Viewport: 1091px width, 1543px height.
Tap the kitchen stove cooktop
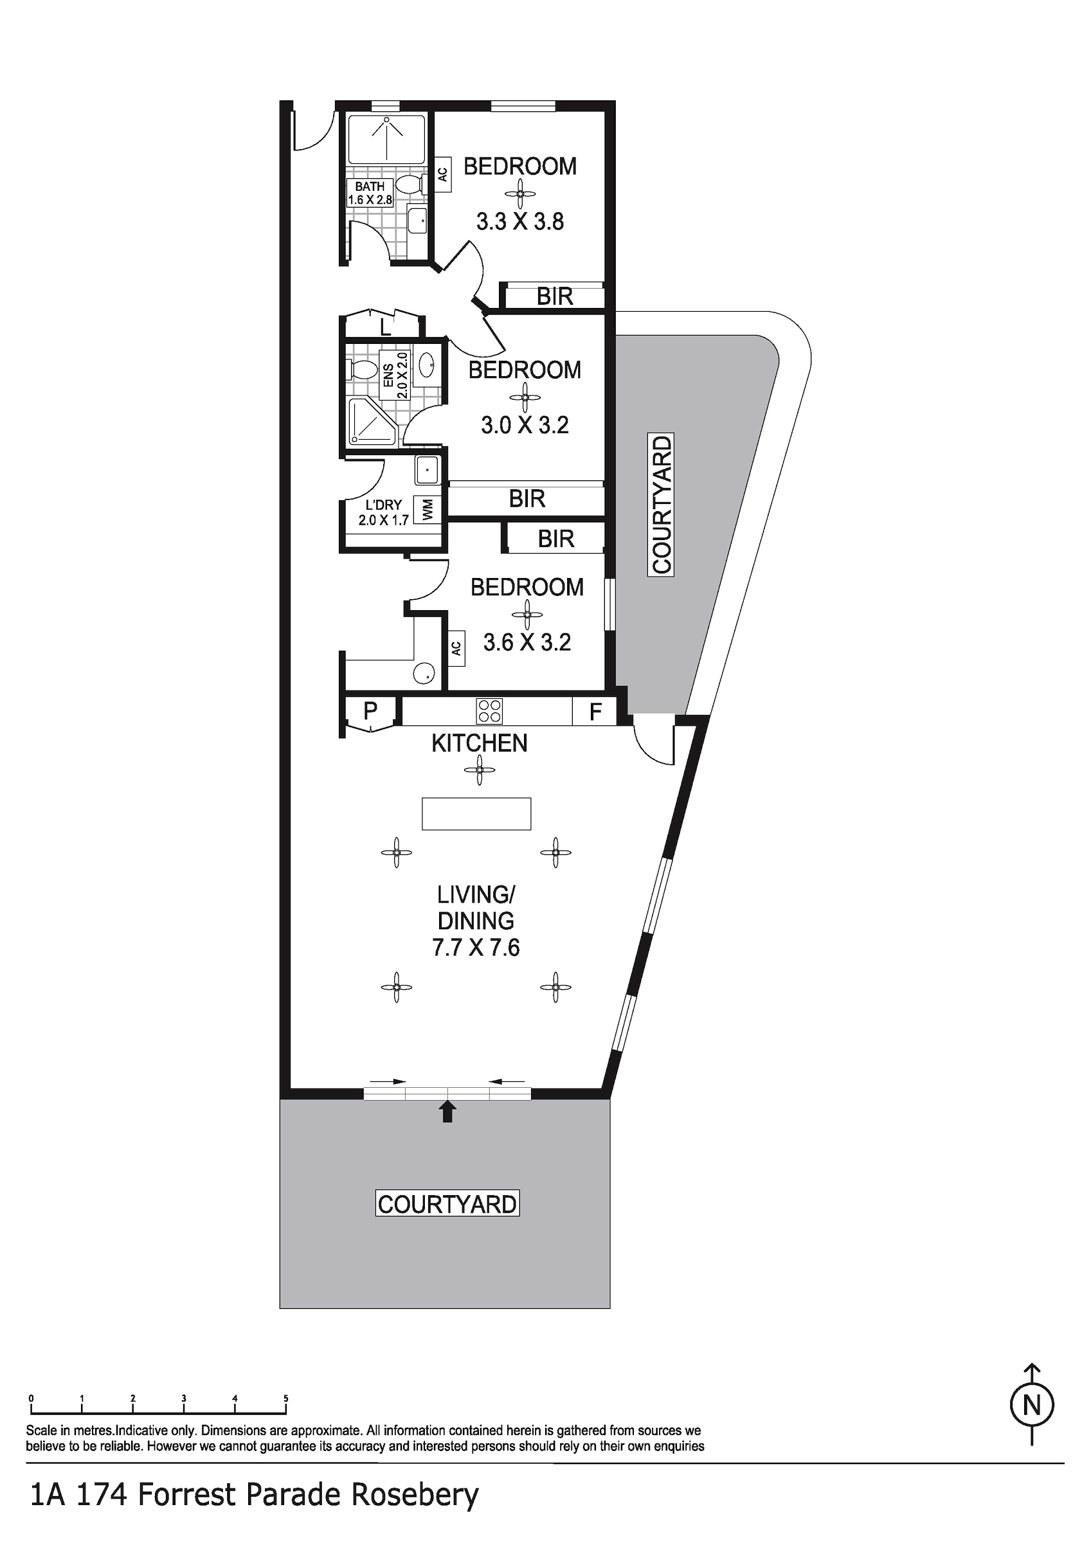click(x=489, y=711)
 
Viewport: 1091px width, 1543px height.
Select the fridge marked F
click(x=594, y=712)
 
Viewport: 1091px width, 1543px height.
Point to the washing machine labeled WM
click(x=427, y=509)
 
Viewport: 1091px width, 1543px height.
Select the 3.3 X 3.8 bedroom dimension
click(x=520, y=221)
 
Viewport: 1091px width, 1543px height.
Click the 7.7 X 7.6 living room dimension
click(x=476, y=948)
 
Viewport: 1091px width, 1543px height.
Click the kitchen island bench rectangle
click(x=476, y=814)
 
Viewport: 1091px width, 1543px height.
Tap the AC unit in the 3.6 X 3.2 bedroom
click(x=456, y=649)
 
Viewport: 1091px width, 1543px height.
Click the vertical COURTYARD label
click(x=662, y=505)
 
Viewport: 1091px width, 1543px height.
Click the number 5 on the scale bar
click(x=285, y=1398)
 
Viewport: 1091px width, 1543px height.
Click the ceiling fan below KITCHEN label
click(x=480, y=770)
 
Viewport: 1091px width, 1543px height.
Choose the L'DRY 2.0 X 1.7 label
click(x=384, y=512)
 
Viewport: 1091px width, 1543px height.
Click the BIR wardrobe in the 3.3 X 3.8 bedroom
click(x=555, y=296)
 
